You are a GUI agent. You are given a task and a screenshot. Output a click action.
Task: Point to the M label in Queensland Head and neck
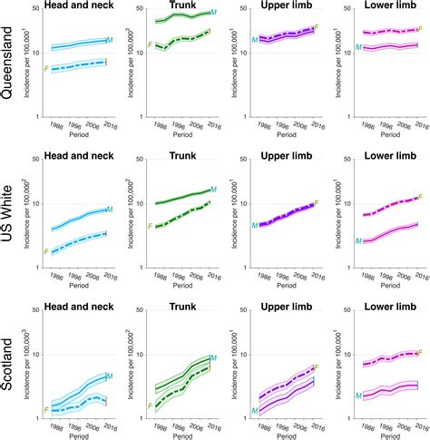[x=109, y=41]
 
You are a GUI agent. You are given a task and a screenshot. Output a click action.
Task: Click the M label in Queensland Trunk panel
[x=213, y=13]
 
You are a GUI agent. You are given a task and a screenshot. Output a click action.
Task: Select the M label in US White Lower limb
[x=358, y=241]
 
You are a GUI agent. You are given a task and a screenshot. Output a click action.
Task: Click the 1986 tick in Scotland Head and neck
[x=56, y=425]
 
